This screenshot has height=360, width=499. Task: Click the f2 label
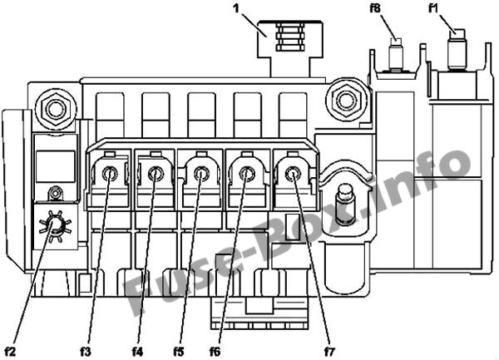pos(10,352)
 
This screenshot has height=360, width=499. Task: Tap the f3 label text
pos(86,352)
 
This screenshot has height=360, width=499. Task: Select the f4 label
pos(137,352)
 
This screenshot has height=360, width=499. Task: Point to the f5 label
pos(179,352)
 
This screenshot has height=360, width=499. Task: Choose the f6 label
pos(215,352)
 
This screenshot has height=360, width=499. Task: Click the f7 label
pos(329,352)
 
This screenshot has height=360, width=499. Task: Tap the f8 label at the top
pos(375,8)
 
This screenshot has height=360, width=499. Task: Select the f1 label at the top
pos(433,8)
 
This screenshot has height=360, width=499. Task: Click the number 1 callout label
pos(236,8)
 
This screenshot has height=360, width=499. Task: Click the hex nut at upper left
pos(56,109)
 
